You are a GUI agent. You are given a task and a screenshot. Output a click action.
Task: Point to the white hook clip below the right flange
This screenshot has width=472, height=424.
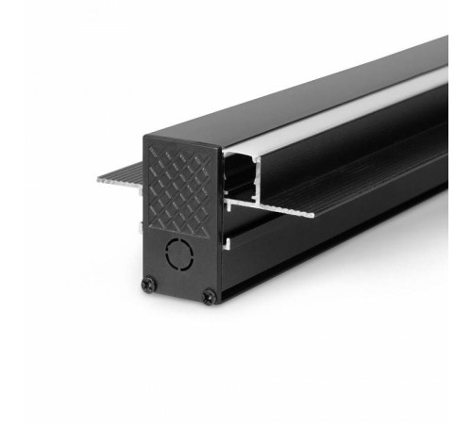229,242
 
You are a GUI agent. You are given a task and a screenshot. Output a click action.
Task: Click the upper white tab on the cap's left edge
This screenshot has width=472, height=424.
143,199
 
